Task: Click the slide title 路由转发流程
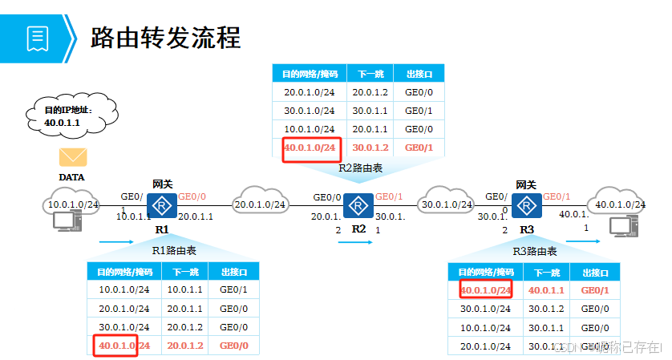coord(166,37)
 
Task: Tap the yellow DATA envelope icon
coord(72,156)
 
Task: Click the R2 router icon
coord(358,206)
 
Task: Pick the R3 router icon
coord(527,206)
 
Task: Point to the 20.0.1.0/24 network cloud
coord(260,204)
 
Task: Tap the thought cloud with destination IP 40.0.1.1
coord(71,115)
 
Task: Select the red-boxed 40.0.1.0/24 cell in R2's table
coord(311,148)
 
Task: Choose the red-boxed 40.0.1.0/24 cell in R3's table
coord(485,289)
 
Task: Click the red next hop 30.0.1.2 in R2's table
coord(370,148)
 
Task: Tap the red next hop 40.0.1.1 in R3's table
coord(547,289)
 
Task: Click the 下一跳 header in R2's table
coord(370,74)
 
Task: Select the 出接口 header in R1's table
coord(233,271)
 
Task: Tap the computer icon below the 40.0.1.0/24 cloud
coord(619,227)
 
